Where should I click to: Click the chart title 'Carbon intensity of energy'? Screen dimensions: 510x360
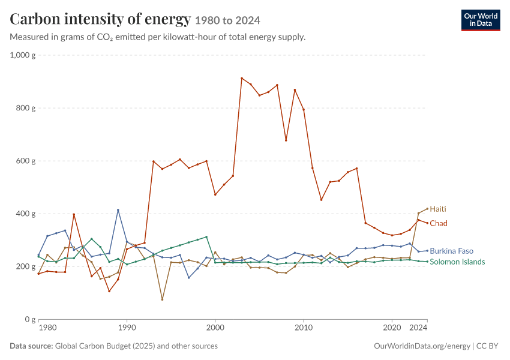(100, 19)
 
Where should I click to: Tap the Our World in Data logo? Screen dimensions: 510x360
(481, 20)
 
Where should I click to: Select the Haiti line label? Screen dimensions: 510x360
(438, 209)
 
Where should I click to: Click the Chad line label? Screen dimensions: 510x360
(439, 223)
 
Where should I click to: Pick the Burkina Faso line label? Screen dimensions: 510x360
(451, 251)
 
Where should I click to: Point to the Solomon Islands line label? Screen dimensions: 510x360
(457, 262)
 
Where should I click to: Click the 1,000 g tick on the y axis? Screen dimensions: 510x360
(23, 55)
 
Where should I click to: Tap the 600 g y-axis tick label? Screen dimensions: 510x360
(26, 161)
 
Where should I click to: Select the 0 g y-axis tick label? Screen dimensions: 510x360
(30, 319)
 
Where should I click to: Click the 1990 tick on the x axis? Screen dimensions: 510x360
(127, 327)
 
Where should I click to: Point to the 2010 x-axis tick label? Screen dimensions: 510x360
(304, 327)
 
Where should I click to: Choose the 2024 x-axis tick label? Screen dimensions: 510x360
(418, 327)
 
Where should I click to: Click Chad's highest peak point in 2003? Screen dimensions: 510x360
(242, 78)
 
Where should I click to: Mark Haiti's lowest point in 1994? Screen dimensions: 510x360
(163, 299)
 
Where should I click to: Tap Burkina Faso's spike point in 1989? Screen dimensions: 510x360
(118, 210)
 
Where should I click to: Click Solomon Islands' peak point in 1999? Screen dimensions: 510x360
(206, 237)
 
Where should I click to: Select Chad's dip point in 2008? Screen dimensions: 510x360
(286, 140)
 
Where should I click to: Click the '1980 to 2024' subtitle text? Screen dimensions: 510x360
(227, 20)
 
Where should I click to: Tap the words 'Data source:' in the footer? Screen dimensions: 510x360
(31, 346)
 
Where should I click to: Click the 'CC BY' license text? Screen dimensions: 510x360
(487, 346)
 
